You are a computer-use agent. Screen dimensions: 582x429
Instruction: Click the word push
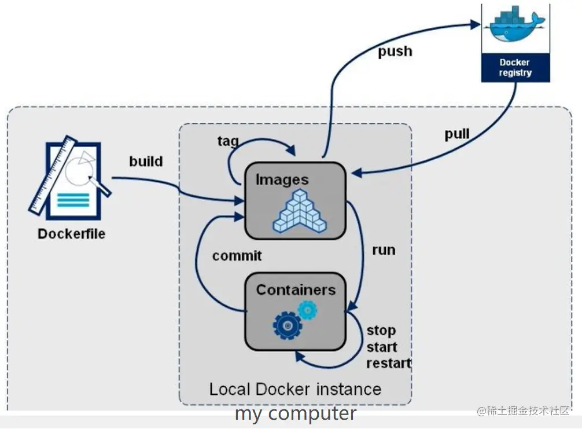point(395,52)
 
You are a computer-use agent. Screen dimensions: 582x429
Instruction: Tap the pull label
point(457,134)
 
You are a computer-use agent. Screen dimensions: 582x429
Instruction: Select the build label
point(146,161)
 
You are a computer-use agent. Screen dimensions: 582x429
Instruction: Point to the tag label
point(228,141)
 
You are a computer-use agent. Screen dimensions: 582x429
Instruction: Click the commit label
point(237,255)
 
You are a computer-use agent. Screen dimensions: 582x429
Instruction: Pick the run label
point(384,250)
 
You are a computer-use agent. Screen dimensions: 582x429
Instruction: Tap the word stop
point(381,331)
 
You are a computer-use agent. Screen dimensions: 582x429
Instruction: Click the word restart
point(389,363)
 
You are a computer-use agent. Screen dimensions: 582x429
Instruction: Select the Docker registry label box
point(515,68)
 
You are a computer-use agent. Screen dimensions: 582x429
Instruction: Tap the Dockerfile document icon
point(70,178)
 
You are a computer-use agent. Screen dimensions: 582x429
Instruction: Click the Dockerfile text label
point(71,234)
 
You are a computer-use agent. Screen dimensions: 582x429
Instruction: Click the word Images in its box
point(282,180)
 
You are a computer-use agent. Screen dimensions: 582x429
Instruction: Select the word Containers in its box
point(296,290)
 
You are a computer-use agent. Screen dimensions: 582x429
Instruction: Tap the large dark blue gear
point(288,326)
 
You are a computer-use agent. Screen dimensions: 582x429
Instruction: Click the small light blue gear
point(308,310)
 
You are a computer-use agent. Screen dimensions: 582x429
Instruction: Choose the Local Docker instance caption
point(296,389)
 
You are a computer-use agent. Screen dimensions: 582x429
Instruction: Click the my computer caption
point(296,413)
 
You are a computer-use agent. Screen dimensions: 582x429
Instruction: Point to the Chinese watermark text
point(524,410)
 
